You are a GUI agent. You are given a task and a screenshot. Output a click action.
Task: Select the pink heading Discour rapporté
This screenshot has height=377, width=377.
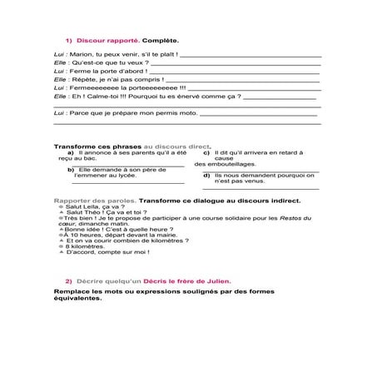coord(108,39)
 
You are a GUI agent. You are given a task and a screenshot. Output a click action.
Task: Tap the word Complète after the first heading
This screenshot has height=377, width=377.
coord(161,39)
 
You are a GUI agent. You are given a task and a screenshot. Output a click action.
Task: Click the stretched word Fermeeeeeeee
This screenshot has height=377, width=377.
coord(91,87)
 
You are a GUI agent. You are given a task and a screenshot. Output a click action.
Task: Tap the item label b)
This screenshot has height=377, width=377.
coord(72,169)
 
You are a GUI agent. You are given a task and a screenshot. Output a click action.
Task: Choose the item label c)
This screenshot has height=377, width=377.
coord(206,152)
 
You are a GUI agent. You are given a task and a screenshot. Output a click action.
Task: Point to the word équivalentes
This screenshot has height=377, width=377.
coord(77,299)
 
